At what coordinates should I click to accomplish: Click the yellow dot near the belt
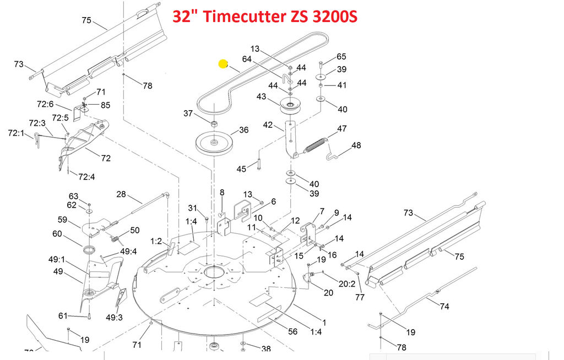click(x=223, y=64)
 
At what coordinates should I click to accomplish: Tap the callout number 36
click(x=243, y=130)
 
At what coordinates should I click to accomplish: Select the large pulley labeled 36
click(x=215, y=143)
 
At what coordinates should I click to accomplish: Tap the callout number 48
click(x=356, y=145)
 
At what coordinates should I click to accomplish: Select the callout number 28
click(x=121, y=194)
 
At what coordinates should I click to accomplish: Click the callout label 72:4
click(x=86, y=177)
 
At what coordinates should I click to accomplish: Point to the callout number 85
click(x=105, y=105)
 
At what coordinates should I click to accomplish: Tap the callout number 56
click(x=293, y=331)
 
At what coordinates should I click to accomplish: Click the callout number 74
click(x=444, y=307)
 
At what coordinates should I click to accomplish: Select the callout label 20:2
click(x=347, y=284)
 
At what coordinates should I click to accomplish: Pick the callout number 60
click(x=57, y=234)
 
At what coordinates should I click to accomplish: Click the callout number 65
click(x=341, y=57)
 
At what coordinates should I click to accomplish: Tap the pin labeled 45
click(x=259, y=162)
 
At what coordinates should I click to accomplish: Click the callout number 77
click(x=360, y=297)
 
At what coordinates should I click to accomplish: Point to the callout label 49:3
click(x=115, y=317)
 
